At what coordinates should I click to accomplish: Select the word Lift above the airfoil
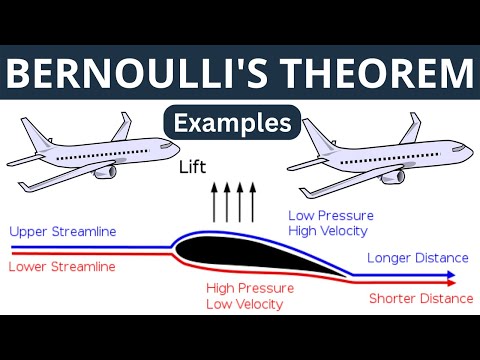point(193,169)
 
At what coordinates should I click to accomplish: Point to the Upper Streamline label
point(62,232)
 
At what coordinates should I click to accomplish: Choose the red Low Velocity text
point(245,304)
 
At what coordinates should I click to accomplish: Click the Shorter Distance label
point(420,298)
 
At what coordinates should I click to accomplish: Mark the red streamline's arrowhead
point(453,283)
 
